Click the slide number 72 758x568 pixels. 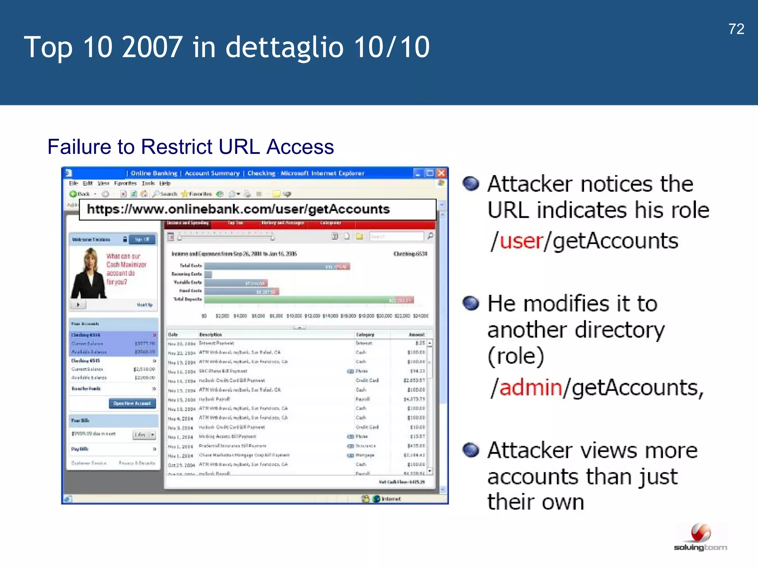click(x=736, y=29)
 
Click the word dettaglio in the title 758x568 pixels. click(x=284, y=47)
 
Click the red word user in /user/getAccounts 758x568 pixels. click(x=521, y=241)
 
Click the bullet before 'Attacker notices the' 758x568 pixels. click(x=471, y=183)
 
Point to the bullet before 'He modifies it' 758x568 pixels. click(x=471, y=303)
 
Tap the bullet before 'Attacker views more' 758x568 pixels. click(x=471, y=450)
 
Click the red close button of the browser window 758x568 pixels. click(x=441, y=173)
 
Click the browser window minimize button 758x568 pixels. click(x=418, y=173)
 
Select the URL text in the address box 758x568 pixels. click(x=238, y=209)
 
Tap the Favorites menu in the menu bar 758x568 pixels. click(x=125, y=183)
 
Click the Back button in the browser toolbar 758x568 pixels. click(x=80, y=194)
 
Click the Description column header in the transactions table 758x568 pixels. click(x=210, y=335)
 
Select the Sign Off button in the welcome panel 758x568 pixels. click(x=142, y=240)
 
